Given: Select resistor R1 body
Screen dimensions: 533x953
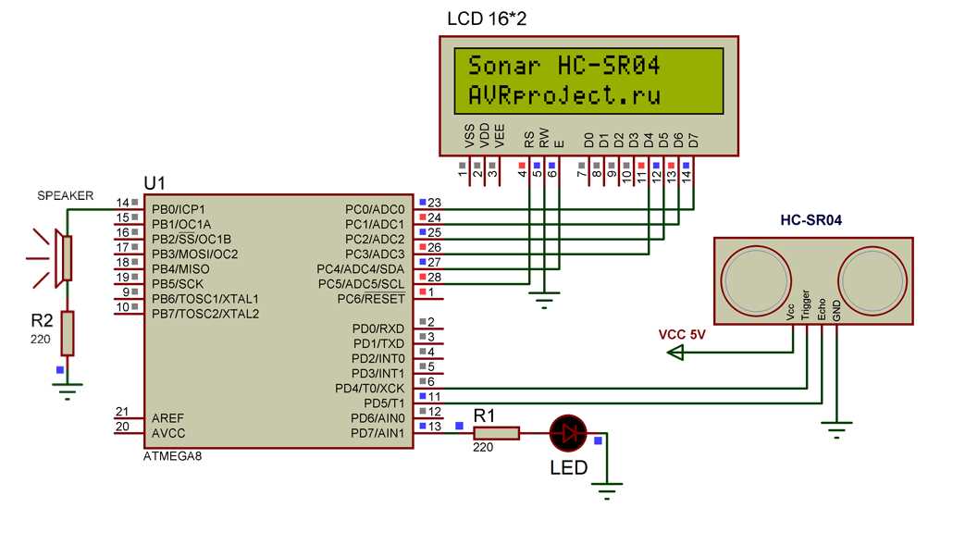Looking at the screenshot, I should tap(496, 432).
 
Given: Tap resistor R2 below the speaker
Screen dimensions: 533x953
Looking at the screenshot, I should tap(67, 333).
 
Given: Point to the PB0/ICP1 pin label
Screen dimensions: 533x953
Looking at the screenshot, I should tap(178, 209).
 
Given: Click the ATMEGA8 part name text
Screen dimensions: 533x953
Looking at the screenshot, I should tap(172, 457).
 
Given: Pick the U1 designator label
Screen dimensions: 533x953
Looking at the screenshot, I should tap(155, 182).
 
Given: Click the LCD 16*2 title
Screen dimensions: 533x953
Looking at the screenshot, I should tap(487, 19).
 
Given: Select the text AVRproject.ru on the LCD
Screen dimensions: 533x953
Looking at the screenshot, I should tap(567, 95).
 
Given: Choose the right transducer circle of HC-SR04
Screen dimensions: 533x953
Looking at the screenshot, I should tap(870, 279).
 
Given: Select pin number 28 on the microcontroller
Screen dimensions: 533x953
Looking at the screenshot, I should tap(435, 278).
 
